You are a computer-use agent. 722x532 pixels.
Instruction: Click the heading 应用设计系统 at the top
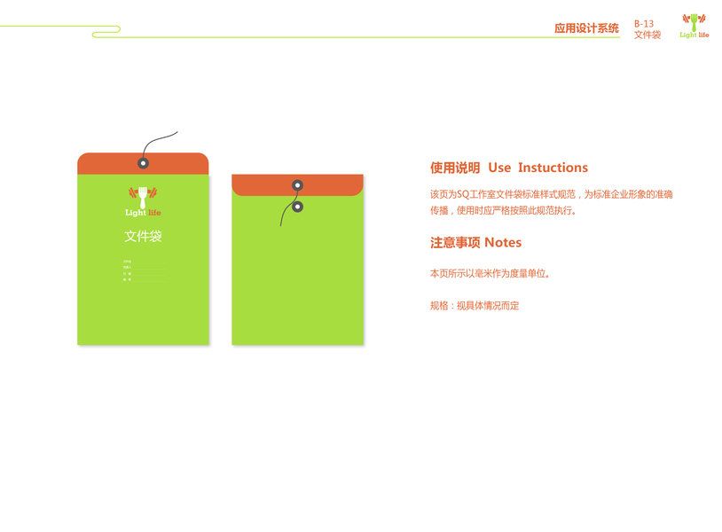point(586,28)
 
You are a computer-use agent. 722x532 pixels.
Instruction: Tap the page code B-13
point(644,24)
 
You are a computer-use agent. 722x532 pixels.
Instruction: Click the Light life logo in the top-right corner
point(695,26)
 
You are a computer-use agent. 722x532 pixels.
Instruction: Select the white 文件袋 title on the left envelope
point(143,237)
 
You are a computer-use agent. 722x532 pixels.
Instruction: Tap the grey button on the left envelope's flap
point(143,163)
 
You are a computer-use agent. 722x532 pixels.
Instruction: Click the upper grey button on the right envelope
point(298,185)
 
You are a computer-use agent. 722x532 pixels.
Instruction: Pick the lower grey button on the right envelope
point(298,207)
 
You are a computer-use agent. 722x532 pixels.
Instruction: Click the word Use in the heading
point(499,168)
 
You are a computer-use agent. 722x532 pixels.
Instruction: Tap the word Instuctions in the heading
point(553,168)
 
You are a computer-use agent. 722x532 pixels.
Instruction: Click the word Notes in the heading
point(503,242)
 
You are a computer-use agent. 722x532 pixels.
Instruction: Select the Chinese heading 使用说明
point(455,168)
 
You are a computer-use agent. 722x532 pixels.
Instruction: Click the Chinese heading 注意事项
point(454,242)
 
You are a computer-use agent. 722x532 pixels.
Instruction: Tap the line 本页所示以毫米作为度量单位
point(490,274)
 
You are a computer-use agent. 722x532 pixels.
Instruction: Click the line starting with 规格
point(475,306)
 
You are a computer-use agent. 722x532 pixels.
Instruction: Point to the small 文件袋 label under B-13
point(647,35)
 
